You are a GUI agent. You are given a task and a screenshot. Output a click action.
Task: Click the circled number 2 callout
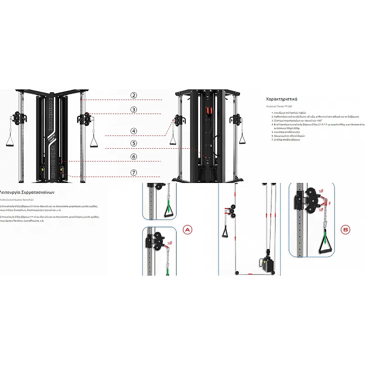[x=134, y=95]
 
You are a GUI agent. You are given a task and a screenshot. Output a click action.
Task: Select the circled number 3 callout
[x=134, y=109]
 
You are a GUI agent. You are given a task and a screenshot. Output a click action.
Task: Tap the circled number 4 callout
[x=134, y=131]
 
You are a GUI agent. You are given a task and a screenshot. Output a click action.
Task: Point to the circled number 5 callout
[x=134, y=143]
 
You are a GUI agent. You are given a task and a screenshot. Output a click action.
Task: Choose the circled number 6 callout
[x=134, y=156]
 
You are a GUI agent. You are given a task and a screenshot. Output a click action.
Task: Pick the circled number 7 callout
[x=134, y=172]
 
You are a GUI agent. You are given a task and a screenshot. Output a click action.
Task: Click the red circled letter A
[x=187, y=230]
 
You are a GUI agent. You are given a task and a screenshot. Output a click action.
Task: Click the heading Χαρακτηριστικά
[x=282, y=99]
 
